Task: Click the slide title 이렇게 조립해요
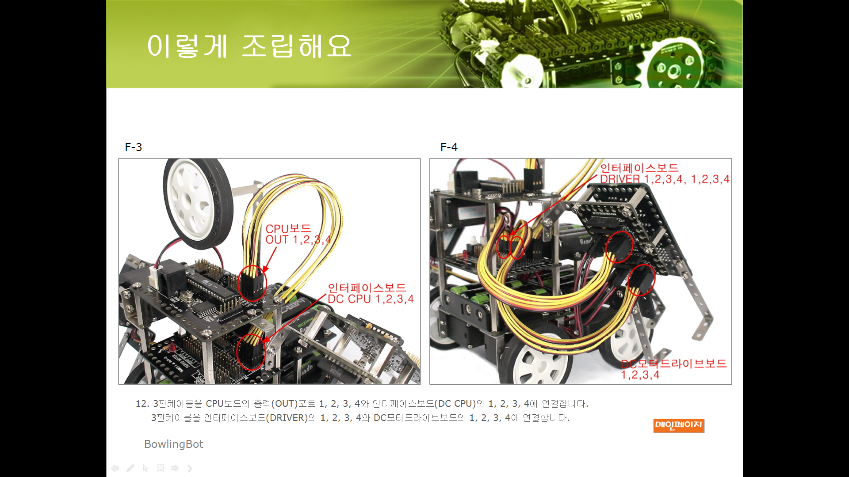click(249, 46)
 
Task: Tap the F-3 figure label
click(134, 147)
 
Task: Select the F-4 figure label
click(449, 147)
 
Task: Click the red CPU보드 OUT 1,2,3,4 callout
click(298, 234)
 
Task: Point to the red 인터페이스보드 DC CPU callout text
click(371, 293)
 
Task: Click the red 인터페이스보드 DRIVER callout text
click(665, 174)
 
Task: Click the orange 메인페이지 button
click(679, 425)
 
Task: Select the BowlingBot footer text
click(174, 444)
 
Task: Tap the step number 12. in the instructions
click(142, 404)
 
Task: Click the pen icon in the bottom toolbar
click(130, 468)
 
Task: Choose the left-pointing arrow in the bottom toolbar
click(115, 468)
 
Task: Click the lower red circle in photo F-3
click(251, 352)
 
